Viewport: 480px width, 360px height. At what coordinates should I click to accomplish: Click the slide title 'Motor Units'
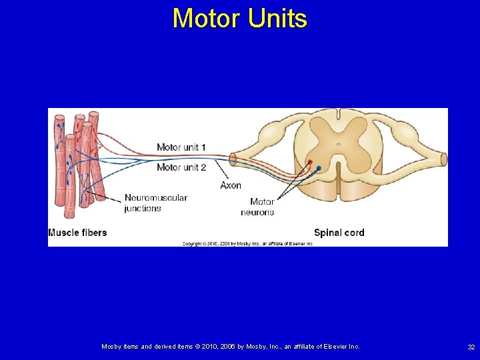(x=239, y=18)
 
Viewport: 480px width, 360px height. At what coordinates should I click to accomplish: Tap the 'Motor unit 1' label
(x=181, y=147)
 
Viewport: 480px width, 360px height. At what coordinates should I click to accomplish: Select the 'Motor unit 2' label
(x=181, y=167)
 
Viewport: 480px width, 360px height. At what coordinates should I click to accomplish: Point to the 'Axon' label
(x=231, y=185)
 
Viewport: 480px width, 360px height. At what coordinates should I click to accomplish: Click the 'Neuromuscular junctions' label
(x=155, y=203)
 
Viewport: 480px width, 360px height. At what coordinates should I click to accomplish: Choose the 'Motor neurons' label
(x=258, y=207)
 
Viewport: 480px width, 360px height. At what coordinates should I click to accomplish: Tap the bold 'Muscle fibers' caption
(x=77, y=233)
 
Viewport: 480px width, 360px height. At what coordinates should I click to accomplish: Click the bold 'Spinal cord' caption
(x=339, y=233)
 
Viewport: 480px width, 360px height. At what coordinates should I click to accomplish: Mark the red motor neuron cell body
(x=310, y=162)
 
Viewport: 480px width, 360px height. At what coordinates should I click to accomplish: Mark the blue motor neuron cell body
(x=319, y=168)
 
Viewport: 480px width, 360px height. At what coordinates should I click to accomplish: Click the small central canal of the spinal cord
(x=338, y=144)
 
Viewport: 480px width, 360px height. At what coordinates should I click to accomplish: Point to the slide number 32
(x=471, y=347)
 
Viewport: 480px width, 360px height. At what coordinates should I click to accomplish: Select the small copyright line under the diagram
(x=248, y=244)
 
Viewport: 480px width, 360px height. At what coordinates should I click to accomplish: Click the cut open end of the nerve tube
(x=233, y=160)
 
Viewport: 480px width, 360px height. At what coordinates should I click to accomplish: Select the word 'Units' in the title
(x=277, y=18)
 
